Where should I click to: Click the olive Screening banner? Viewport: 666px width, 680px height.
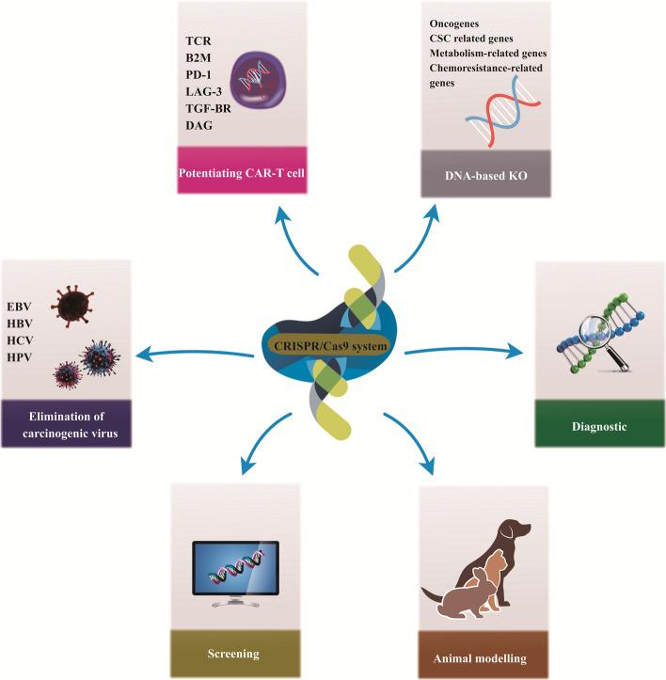(x=234, y=650)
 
